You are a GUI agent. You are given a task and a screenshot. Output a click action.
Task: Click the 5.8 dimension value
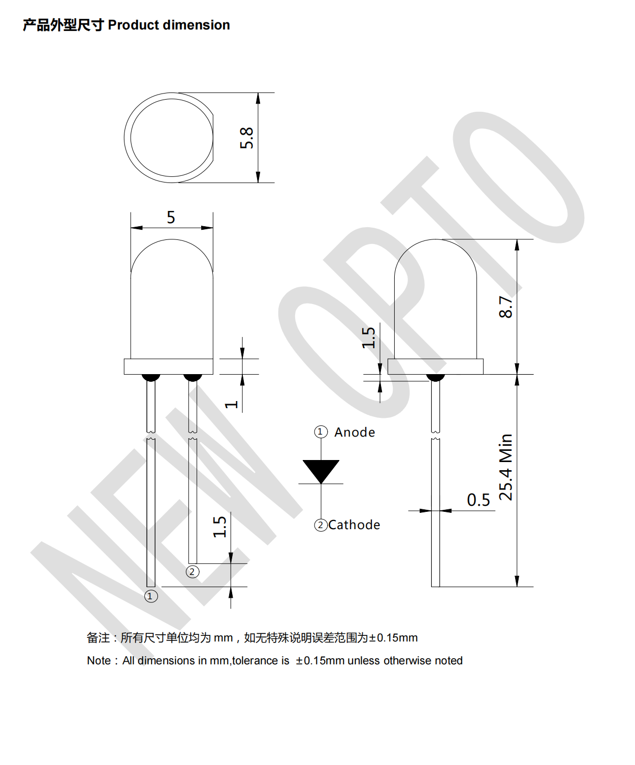pyautogui.click(x=246, y=138)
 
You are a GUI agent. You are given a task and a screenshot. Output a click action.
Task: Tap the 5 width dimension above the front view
pyautogui.click(x=171, y=218)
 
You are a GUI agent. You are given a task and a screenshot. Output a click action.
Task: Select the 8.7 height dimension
pyautogui.click(x=506, y=307)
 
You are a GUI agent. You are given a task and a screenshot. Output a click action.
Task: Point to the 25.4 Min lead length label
pyautogui.click(x=506, y=467)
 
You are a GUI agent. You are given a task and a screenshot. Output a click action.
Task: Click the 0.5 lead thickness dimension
pyautogui.click(x=478, y=500)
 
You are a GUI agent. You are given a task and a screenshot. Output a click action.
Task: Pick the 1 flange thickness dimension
pyautogui.click(x=232, y=405)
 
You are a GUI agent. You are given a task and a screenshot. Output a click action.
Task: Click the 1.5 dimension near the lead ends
pyautogui.click(x=219, y=527)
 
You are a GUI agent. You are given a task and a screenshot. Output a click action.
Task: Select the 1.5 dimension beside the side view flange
pyautogui.click(x=368, y=338)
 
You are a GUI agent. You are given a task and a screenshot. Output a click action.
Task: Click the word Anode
pyautogui.click(x=355, y=433)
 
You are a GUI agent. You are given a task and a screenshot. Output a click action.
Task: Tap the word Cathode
pyautogui.click(x=354, y=525)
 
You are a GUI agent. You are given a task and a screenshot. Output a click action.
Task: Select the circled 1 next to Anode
pyautogui.click(x=320, y=432)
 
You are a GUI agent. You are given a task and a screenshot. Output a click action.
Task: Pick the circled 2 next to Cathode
pyautogui.click(x=321, y=525)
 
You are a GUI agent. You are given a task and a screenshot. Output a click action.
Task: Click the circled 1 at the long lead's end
pyautogui.click(x=151, y=596)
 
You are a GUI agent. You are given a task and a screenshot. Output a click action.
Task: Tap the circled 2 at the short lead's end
pyautogui.click(x=192, y=572)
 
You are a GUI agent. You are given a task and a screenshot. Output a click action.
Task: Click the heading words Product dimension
pyautogui.click(x=169, y=25)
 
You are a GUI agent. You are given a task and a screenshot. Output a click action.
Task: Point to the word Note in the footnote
pyautogui.click(x=99, y=661)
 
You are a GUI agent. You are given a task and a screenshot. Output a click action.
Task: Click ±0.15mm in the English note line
pyautogui.click(x=320, y=661)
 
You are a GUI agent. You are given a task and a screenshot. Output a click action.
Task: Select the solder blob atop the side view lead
pyautogui.click(x=435, y=377)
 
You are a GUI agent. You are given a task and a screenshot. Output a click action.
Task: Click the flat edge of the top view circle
pyautogui.click(x=213, y=138)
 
